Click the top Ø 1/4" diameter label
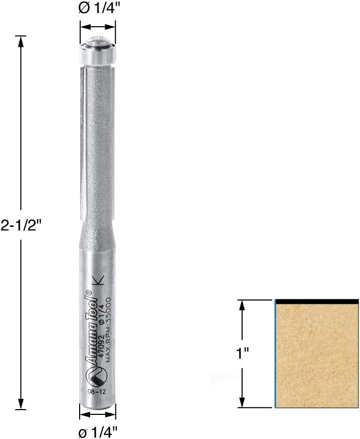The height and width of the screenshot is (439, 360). [x=98, y=9]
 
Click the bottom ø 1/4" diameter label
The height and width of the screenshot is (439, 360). [x=98, y=431]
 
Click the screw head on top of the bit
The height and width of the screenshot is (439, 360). [x=97, y=39]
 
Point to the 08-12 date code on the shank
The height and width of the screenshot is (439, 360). [x=91, y=391]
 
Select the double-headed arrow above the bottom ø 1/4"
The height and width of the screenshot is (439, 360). [x=98, y=414]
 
